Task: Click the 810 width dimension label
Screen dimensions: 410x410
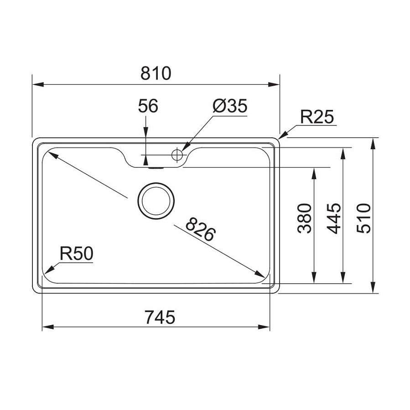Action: click(x=156, y=73)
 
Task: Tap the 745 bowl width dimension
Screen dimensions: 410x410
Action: click(x=160, y=317)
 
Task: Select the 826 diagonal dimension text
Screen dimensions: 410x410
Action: click(x=201, y=229)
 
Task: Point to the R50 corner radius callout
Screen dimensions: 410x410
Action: click(x=76, y=254)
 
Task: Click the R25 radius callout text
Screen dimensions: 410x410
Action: click(x=317, y=117)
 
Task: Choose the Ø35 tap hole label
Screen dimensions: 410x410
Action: click(x=230, y=106)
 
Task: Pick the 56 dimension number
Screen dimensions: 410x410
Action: click(x=148, y=106)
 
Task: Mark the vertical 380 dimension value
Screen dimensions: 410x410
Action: click(x=305, y=218)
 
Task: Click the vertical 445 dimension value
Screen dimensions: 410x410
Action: click(x=334, y=218)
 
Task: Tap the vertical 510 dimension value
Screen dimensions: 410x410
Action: click(x=364, y=218)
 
